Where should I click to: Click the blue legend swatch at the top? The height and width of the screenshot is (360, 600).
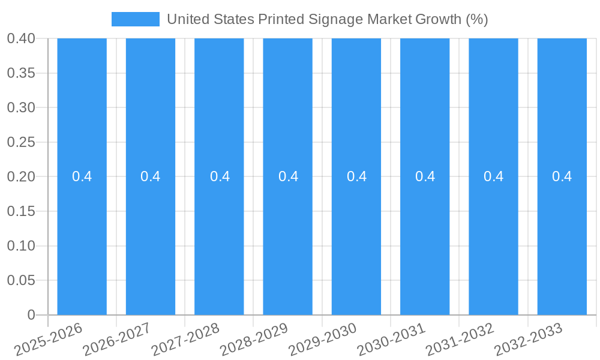(136, 19)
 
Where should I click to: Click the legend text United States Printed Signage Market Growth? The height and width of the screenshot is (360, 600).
(327, 19)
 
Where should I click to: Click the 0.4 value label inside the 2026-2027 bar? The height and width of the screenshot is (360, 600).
(151, 176)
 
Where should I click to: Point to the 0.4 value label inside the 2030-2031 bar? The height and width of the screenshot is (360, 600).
(425, 176)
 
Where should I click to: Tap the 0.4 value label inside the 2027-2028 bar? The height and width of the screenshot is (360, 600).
(220, 176)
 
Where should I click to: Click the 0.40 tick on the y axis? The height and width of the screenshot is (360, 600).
(20, 38)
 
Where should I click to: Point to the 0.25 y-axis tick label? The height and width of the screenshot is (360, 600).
(20, 142)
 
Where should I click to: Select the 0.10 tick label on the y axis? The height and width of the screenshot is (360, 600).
(20, 246)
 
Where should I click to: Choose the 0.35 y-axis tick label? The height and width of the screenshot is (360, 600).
(20, 73)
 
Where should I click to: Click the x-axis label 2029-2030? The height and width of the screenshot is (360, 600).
(323, 340)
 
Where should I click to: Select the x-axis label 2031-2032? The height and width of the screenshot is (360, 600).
(460, 340)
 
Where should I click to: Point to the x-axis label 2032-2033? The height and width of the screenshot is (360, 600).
(529, 340)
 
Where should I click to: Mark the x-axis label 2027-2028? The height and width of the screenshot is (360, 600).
(186, 340)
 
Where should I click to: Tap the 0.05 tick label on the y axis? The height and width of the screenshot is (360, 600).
(20, 281)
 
